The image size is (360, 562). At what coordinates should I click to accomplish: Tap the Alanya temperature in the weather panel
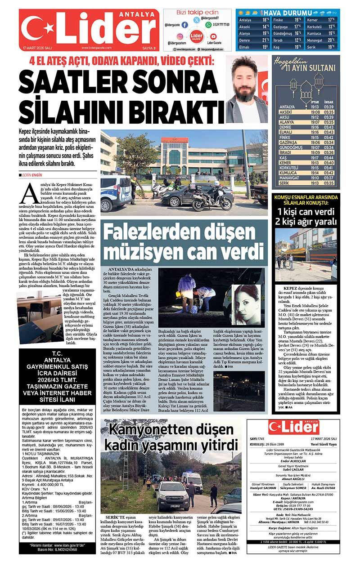click(x=266, y=33)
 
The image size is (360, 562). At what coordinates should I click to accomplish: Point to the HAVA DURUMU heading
click(x=288, y=13)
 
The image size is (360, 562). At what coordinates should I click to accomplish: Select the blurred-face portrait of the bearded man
click(x=246, y=89)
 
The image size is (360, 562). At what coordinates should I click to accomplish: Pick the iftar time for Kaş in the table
click(x=315, y=158)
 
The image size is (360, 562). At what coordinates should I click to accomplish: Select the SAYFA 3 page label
click(x=148, y=48)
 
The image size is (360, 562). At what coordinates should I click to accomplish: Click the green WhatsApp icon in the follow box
click(x=208, y=25)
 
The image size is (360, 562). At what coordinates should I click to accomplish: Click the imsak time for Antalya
click(x=328, y=107)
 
